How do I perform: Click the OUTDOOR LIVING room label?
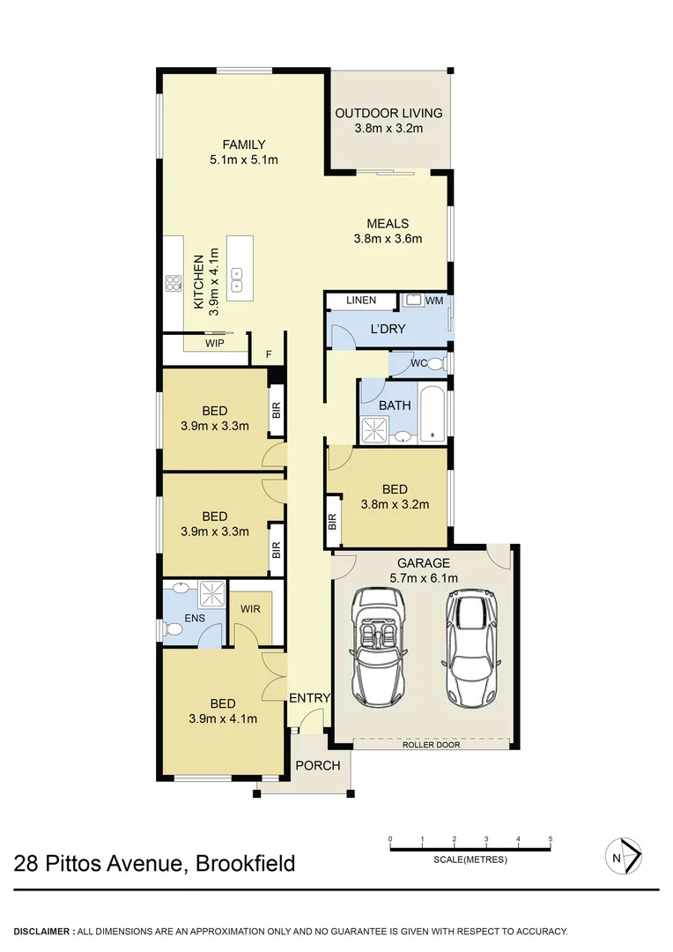[x=388, y=113]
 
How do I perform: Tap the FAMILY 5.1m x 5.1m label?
[x=244, y=145]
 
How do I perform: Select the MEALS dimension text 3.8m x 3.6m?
[x=388, y=238]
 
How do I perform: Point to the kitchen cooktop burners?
[x=173, y=284]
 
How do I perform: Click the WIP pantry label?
[x=213, y=343]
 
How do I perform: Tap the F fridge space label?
[x=267, y=356]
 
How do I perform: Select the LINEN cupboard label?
[x=361, y=301]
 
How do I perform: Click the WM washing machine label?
[x=433, y=301]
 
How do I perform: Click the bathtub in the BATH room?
[x=433, y=413]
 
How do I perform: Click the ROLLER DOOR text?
[x=431, y=745]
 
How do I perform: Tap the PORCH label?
[x=317, y=765]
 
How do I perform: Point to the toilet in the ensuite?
[x=171, y=628]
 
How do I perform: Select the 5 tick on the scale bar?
[x=551, y=839]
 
